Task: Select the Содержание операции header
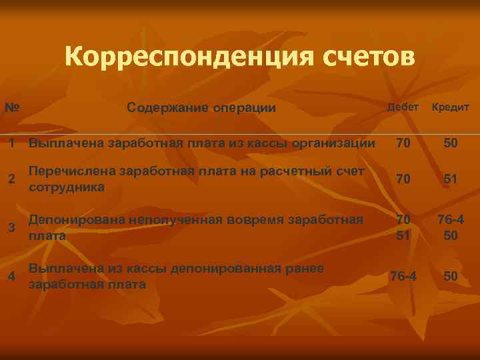click(x=201, y=108)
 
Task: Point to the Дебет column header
click(x=403, y=107)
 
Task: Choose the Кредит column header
click(x=451, y=107)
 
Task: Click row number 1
click(x=11, y=143)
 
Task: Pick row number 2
click(x=11, y=179)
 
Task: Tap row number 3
click(x=11, y=227)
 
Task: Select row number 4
click(x=11, y=276)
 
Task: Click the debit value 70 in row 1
click(x=403, y=143)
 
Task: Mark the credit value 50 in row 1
click(x=451, y=143)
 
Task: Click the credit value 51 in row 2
click(x=451, y=179)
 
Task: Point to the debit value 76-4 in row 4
click(x=403, y=276)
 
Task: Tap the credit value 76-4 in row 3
click(x=451, y=219)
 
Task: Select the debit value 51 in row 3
click(x=403, y=236)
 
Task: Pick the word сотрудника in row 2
click(x=67, y=187)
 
